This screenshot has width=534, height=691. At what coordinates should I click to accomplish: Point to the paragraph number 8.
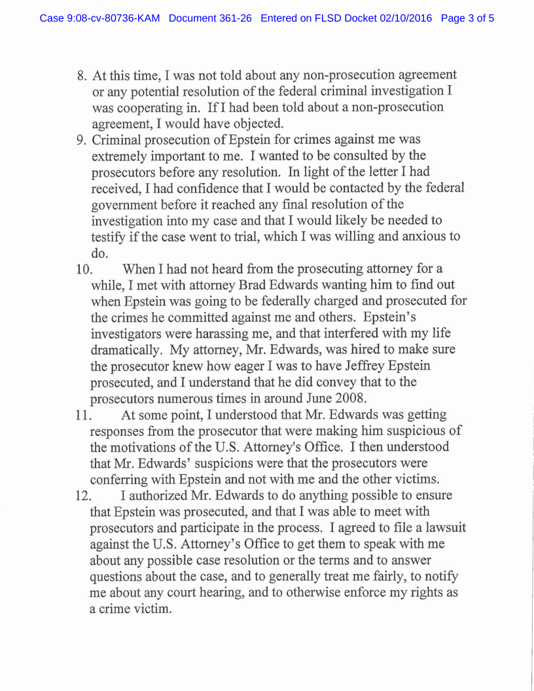(82, 75)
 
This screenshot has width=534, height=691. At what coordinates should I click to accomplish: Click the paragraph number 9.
(82, 139)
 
